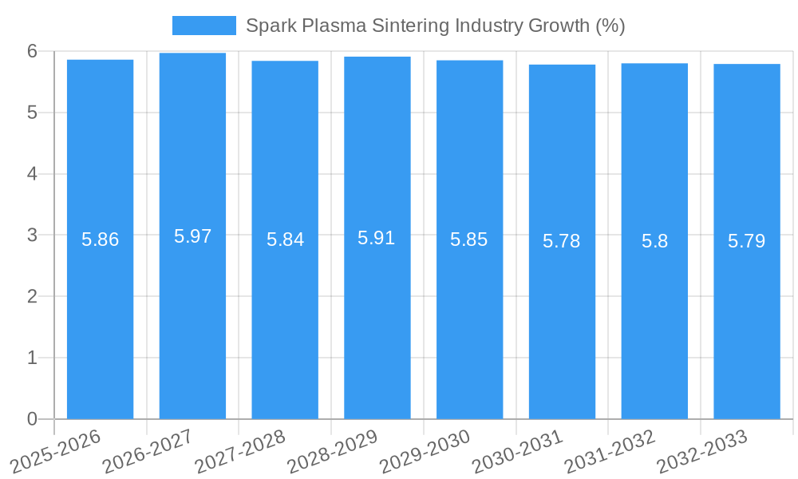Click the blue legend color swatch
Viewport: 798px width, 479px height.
click(204, 26)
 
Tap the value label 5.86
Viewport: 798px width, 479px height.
click(101, 239)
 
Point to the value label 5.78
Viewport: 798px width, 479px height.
click(562, 241)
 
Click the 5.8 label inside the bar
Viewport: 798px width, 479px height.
click(654, 241)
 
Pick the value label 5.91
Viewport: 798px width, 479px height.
click(377, 238)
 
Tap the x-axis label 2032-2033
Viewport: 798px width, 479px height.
click(701, 451)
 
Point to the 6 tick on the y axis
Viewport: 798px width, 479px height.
click(32, 51)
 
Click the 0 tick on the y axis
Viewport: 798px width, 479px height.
click(32, 419)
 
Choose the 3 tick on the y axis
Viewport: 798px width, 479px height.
click(32, 236)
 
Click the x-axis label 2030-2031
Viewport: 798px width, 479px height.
click(517, 451)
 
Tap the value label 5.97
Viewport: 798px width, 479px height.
click(192, 236)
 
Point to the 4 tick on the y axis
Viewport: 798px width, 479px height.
click(32, 174)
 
